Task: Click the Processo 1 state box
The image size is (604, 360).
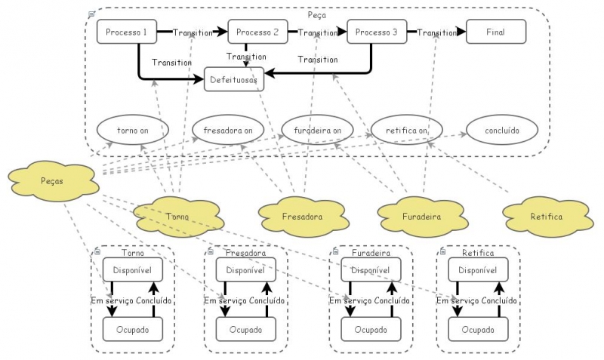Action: pos(126,32)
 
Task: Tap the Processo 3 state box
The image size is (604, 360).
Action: pos(376,32)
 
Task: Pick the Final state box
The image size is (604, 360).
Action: pos(496,32)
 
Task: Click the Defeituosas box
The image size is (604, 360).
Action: pos(234,78)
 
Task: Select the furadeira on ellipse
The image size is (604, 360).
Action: pos(318,130)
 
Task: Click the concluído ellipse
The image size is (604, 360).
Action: pos(502,130)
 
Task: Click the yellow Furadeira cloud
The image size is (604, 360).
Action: pos(421,216)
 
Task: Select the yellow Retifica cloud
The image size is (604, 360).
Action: pos(547,216)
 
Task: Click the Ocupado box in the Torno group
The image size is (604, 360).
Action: pos(133,329)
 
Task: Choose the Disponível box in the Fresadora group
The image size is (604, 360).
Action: pos(246,269)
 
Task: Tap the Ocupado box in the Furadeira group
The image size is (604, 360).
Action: pos(371,329)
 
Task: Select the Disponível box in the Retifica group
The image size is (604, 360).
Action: pos(477,269)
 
